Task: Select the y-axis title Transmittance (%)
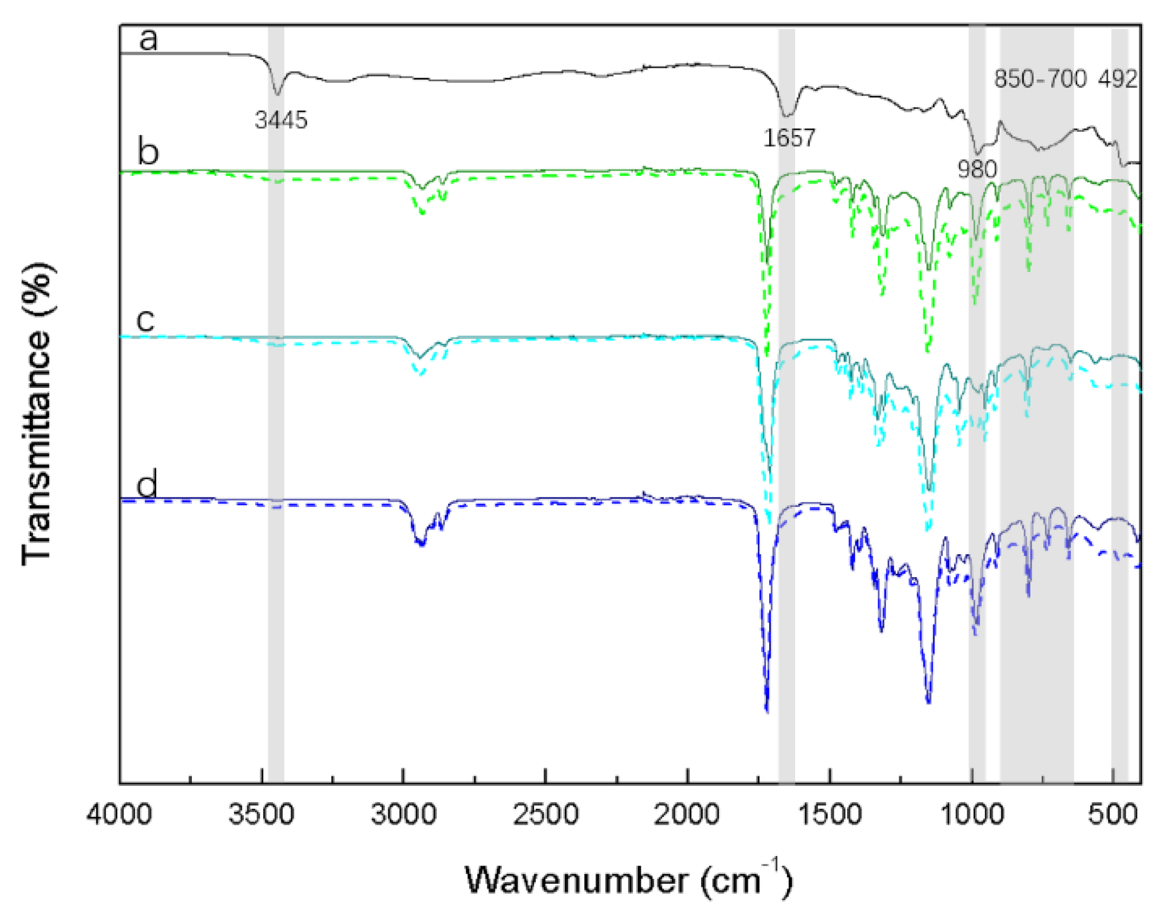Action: (37, 413)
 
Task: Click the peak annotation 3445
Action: (281, 120)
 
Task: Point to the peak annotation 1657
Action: (788, 138)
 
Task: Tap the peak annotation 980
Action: (977, 170)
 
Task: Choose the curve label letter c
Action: (146, 320)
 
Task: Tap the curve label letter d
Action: (147, 484)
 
